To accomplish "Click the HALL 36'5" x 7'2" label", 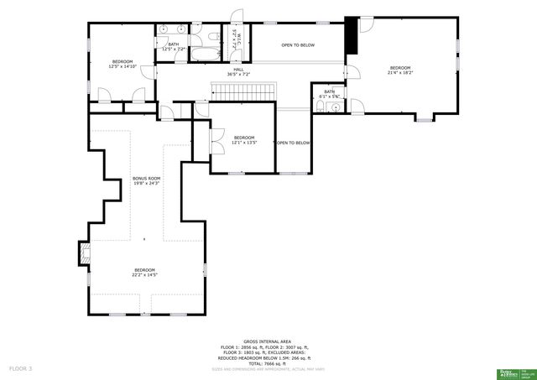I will coord(238,72).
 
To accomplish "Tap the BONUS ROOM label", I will coord(146,180).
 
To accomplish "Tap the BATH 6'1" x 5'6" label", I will coord(329,94).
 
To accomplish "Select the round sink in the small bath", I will coord(335,109).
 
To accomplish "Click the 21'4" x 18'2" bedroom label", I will coord(399,70).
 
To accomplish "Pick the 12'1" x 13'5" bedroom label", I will coord(243,140).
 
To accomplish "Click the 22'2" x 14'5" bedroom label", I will coord(144,272).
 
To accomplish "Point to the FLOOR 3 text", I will coord(20,368).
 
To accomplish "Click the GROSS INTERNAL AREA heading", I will coord(267,341).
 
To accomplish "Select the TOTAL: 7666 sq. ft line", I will coord(267,362).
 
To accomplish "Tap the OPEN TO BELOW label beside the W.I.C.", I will coord(298,44).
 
